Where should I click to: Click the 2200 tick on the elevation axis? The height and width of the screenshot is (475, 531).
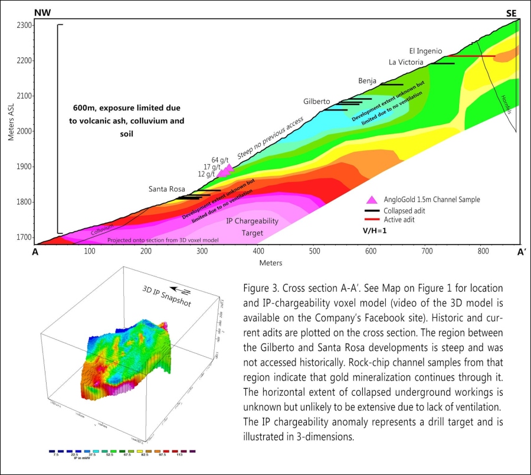coord(23,60)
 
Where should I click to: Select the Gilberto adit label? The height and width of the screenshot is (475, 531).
coord(317,102)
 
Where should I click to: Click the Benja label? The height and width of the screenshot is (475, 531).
coord(368,80)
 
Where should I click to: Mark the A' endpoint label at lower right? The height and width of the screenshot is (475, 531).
coord(522,250)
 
